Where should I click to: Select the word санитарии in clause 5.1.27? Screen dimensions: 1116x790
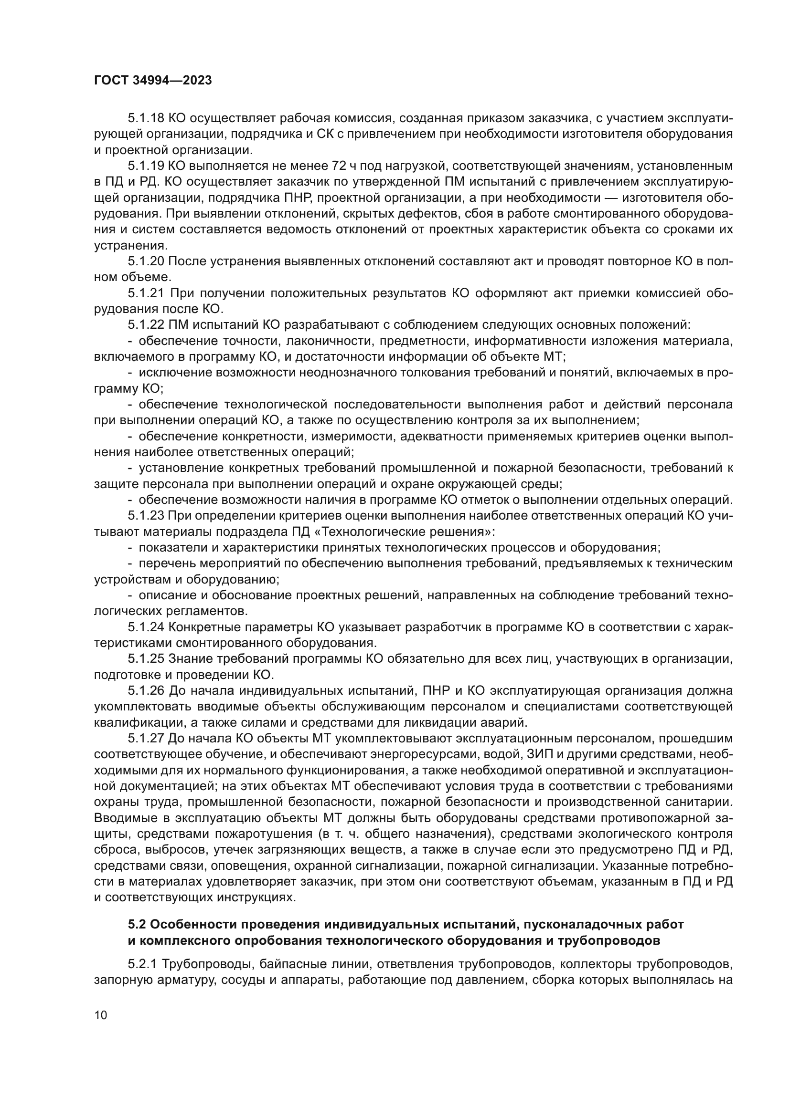[x=700, y=802]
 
